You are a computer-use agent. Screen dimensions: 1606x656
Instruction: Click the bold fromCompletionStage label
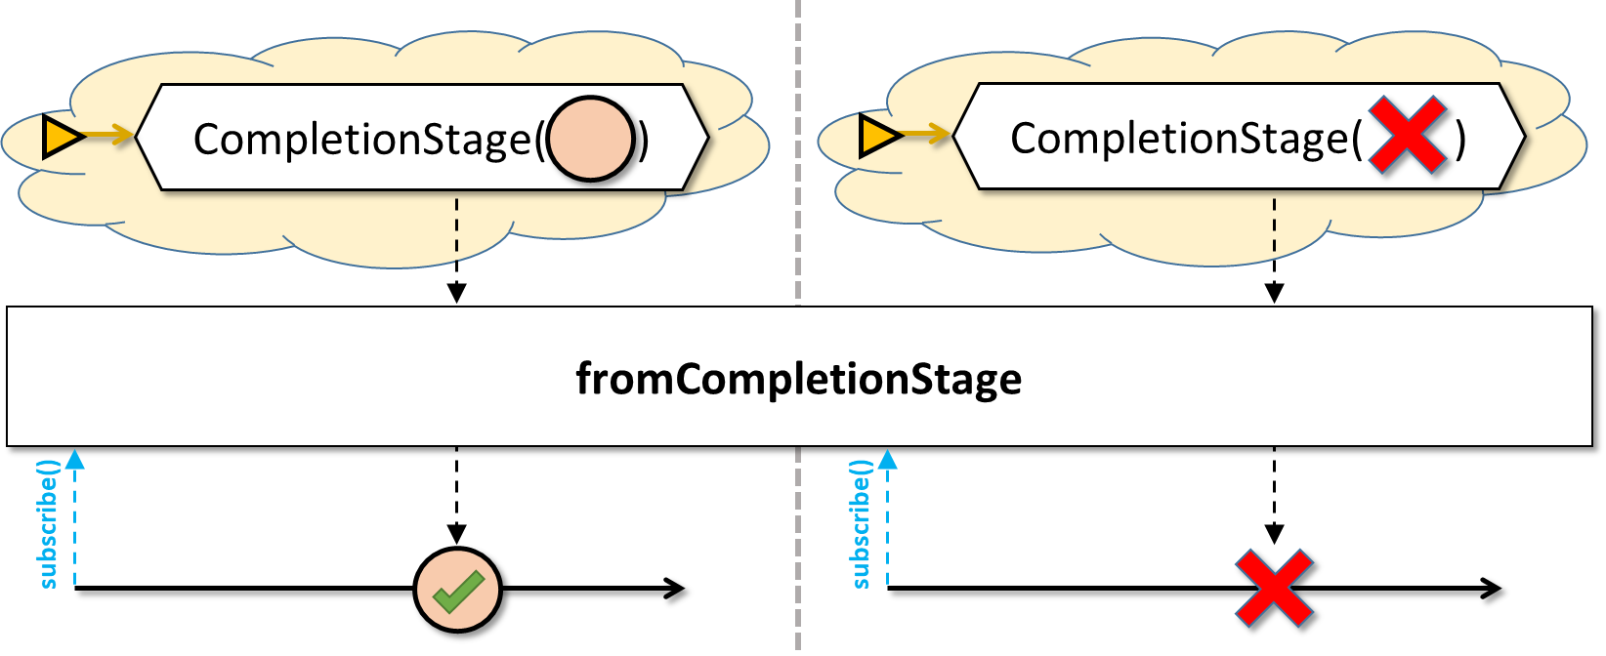(799, 379)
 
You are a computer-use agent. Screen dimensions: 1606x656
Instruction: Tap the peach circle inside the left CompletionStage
(591, 139)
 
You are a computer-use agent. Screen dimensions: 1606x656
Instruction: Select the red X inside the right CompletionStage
(1408, 136)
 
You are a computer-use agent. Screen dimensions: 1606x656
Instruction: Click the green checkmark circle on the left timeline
(457, 591)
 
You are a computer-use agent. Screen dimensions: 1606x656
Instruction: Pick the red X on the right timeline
(1275, 589)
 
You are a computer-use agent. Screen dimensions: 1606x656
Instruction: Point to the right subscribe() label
(860, 524)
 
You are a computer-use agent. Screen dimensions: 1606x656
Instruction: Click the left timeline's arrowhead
(675, 589)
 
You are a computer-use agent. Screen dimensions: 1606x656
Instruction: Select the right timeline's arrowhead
(1491, 589)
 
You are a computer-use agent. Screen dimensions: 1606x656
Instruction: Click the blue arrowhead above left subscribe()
(74, 459)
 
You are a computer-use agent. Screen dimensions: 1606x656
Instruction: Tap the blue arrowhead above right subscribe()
(888, 459)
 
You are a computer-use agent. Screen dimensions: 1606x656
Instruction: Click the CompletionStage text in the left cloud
(362, 139)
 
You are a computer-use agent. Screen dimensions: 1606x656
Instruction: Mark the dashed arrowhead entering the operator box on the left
(457, 293)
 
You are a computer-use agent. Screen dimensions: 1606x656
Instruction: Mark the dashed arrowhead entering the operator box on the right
(1274, 293)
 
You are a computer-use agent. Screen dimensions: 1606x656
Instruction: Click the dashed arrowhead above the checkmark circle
(457, 534)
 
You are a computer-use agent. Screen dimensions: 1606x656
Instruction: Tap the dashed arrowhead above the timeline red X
(1274, 534)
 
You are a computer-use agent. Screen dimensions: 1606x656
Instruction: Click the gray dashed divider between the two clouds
(798, 150)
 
